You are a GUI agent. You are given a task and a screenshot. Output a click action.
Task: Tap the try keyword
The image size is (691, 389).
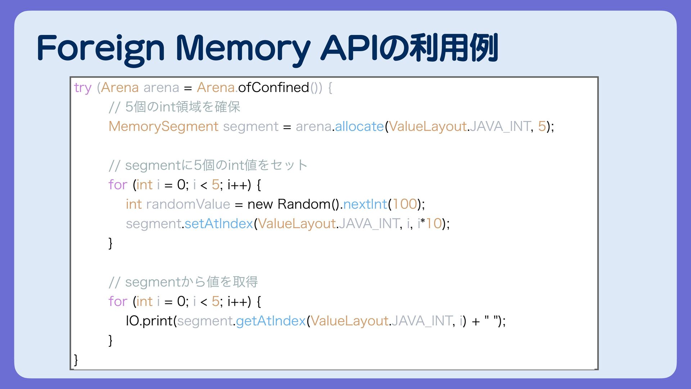coord(82,88)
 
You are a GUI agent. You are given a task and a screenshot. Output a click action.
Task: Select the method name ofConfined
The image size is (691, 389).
coord(274,88)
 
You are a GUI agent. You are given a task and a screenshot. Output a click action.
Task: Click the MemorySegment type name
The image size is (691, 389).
coord(163,126)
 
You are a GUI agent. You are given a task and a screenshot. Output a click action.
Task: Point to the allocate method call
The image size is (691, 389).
coord(359,126)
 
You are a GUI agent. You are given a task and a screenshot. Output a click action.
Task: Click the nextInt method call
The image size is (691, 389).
coord(365,204)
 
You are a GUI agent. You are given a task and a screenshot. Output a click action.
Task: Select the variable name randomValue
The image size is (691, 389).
coord(188,204)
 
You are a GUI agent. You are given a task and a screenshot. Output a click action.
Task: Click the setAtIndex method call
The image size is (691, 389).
coord(219,224)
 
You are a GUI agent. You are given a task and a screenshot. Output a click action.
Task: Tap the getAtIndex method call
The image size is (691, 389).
coord(271,321)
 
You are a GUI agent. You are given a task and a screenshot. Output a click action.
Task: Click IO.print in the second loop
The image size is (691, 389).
coord(149,321)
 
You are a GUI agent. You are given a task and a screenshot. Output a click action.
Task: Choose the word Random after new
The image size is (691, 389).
coord(304,204)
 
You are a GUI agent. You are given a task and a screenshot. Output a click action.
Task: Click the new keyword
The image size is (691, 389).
coord(260,204)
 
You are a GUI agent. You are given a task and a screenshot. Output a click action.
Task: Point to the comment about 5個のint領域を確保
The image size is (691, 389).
coord(175,107)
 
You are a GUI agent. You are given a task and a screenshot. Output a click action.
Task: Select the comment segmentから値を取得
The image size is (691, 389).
coord(183,282)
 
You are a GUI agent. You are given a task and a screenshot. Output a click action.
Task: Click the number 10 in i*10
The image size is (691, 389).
coord(434,224)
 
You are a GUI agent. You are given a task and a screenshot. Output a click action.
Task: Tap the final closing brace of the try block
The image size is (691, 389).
coord(76,359)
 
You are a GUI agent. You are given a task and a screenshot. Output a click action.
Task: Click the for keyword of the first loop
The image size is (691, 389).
coord(118,185)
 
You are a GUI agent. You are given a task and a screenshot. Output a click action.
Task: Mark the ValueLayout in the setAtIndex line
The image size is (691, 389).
coord(297,224)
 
